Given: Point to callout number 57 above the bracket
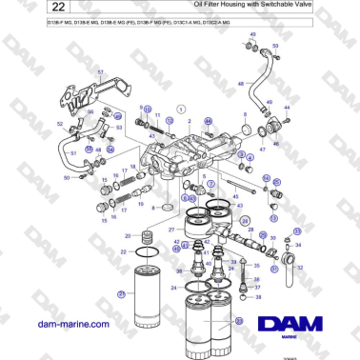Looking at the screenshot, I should (101, 72).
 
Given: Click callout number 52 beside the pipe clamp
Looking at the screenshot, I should (59, 125).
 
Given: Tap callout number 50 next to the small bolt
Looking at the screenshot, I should (67, 177).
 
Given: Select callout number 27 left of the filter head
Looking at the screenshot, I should (171, 230).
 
